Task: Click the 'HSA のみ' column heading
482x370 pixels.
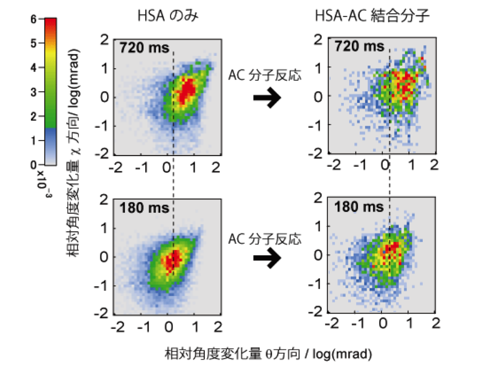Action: click(x=167, y=16)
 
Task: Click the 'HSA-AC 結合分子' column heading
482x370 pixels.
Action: click(x=372, y=16)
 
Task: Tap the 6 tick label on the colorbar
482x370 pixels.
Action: click(x=34, y=19)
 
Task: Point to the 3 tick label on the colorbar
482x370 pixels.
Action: click(x=34, y=92)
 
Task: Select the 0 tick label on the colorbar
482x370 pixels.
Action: click(x=34, y=165)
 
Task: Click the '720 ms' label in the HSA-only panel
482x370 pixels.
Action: click(x=144, y=48)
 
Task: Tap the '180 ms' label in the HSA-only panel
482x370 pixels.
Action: click(x=144, y=208)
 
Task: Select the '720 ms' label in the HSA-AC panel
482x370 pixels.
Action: click(x=359, y=46)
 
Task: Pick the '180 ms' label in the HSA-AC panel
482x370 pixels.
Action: click(x=359, y=207)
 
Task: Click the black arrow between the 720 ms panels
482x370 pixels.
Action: click(x=267, y=98)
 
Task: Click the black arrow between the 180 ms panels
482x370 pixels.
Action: click(x=267, y=258)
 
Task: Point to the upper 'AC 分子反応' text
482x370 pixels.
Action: click(x=265, y=75)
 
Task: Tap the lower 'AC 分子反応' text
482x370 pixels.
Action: click(x=265, y=239)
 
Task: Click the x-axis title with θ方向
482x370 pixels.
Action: click(x=268, y=354)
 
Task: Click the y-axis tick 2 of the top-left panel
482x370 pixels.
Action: click(x=104, y=40)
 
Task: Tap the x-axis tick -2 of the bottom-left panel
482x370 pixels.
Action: click(x=118, y=327)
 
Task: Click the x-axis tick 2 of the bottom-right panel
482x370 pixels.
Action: click(x=436, y=323)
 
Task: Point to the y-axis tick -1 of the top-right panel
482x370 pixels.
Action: click(x=316, y=124)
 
